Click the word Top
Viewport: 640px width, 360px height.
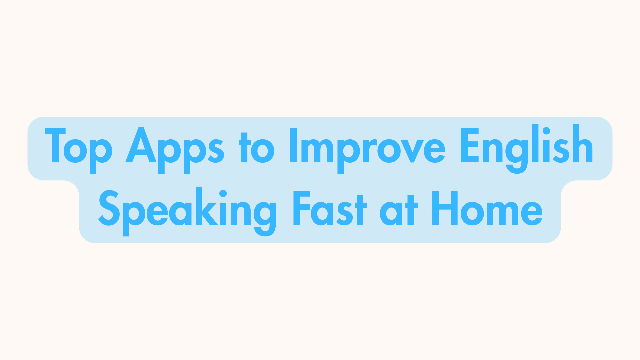79,147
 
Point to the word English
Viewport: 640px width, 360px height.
527,147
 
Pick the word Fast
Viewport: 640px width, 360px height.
330,208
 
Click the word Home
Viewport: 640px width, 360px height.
487,208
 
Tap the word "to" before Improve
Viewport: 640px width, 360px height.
257,148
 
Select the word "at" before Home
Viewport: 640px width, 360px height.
398,210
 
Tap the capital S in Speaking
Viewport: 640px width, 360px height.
109,208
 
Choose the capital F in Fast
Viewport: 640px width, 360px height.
301,208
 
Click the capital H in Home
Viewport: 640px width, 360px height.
445,208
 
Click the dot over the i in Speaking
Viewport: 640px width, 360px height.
223,193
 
